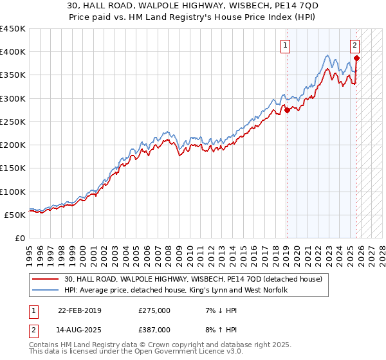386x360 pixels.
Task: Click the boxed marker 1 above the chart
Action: [284, 45]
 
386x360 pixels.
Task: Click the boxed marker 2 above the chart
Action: [354, 45]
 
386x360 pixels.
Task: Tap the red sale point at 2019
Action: [288, 110]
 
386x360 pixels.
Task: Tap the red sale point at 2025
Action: [356, 58]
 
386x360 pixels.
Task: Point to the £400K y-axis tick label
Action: [13, 52]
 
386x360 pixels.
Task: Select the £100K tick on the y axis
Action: [13, 192]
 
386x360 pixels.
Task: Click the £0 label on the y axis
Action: [21, 238]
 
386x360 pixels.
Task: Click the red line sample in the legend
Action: [46, 279]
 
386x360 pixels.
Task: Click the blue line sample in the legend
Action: [46, 290]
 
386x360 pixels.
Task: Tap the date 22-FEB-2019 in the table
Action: [79, 310]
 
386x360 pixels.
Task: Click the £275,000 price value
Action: [154, 310]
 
